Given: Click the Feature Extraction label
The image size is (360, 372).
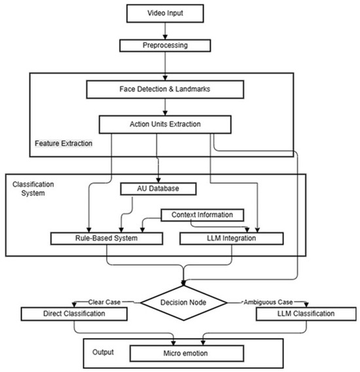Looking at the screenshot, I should coord(63,142).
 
